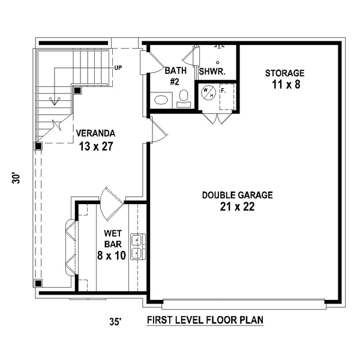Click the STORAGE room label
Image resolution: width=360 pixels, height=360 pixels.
pos(284,73)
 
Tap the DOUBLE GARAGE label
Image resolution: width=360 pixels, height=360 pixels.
pos(238,195)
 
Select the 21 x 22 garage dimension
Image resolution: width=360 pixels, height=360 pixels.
pos(238,206)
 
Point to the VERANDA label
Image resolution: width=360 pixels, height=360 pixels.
pos(95,133)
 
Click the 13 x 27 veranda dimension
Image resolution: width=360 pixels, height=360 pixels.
pos(96,146)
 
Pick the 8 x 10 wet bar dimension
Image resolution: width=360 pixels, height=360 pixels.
pos(112,256)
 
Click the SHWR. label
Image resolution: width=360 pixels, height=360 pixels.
pos(212,71)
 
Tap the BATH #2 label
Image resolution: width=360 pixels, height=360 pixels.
pos(175,76)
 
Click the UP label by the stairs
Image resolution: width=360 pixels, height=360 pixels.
pos(118,68)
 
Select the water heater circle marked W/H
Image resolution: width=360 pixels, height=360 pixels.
pos(209,92)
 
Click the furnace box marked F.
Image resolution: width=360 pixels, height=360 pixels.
pos(227,97)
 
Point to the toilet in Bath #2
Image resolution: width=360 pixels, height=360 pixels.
pos(184,98)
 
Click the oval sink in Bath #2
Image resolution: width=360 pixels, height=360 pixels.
pos(161,100)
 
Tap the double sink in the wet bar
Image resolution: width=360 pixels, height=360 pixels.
pos(138,247)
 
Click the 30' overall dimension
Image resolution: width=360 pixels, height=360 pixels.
pos(16,178)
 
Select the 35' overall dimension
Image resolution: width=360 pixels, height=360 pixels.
pos(115,322)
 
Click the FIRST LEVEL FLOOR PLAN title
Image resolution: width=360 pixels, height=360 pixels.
pos(205,320)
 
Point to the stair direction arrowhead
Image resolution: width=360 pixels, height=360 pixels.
pos(55,101)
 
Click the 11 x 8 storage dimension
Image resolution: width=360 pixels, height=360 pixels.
pos(286,85)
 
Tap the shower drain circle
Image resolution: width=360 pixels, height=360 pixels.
pos(218,62)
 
